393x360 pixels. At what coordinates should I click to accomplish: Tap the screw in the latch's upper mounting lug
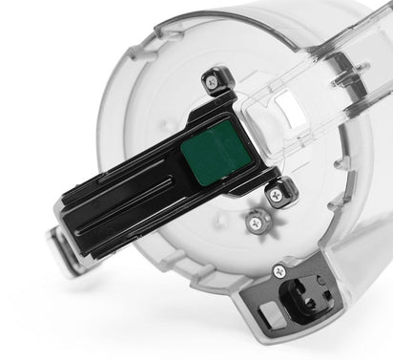[x=213, y=83]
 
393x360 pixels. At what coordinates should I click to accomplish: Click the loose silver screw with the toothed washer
[x=255, y=222]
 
